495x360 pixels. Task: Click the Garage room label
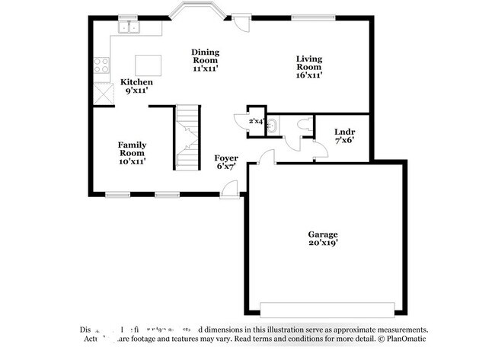coord(323,239)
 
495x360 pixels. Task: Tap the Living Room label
coord(309,67)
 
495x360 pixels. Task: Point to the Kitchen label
coord(137,86)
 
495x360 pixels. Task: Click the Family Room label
coord(132,152)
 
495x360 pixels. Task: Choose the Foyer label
coord(226,161)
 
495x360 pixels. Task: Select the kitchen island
coord(148,63)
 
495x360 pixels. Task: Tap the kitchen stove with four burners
coord(101,65)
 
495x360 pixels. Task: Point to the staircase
coord(188,137)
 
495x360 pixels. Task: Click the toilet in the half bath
coord(302,124)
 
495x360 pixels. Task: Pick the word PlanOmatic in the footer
coord(401,340)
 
